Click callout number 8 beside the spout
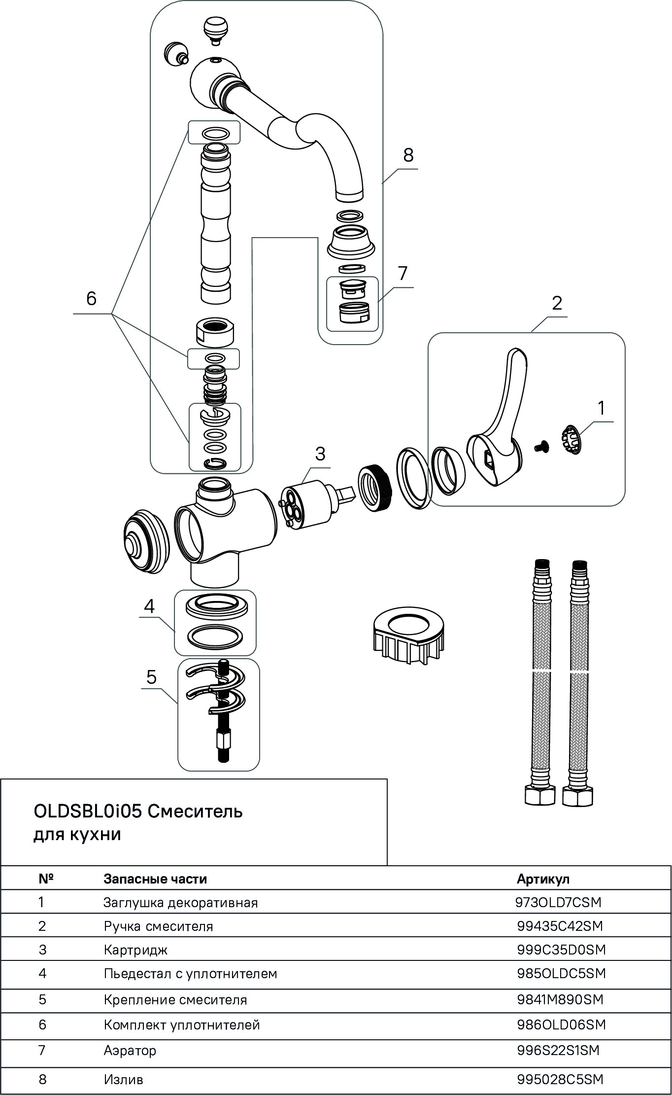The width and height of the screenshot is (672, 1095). coord(408,155)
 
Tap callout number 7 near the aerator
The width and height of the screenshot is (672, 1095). coord(403,273)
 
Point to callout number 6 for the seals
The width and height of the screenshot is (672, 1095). coord(92,298)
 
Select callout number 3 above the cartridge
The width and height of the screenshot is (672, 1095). coord(320,454)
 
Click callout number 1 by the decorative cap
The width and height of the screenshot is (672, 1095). coord(601,408)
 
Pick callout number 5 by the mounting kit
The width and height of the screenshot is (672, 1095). coord(151,677)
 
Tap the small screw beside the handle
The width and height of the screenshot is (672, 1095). coord(540,446)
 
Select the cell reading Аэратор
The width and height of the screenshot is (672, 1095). coord(130,1051)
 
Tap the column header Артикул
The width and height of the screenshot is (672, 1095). coord(542,879)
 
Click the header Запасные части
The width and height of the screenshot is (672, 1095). coord(155,879)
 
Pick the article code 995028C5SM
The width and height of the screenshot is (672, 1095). coord(560,1079)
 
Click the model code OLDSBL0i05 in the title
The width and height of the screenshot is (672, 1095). coord(88,811)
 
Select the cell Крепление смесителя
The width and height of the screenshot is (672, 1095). coord(175,1000)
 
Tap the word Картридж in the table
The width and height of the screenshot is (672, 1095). coord(136,950)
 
